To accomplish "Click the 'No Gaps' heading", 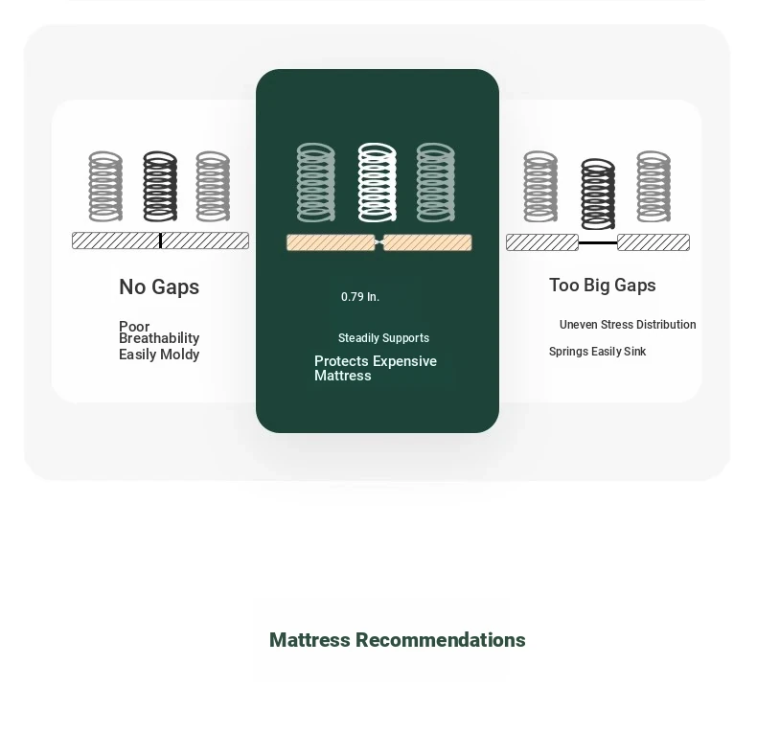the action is tap(159, 287).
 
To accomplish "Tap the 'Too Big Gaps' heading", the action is tap(602, 286).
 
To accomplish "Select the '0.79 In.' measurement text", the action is tap(360, 296).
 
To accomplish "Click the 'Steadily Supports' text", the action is tap(383, 338).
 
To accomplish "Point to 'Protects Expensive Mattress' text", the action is tap(375, 369).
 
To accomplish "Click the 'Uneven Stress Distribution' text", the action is tap(628, 325).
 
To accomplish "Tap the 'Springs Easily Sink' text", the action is tap(597, 352).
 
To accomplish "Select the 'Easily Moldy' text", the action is tap(159, 355).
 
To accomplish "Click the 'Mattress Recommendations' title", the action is tap(397, 640).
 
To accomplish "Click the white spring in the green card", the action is tap(377, 182).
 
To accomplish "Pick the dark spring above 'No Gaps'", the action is tap(160, 187).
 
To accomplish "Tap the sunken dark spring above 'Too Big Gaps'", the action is tap(598, 195).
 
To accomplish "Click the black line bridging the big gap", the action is tap(598, 242).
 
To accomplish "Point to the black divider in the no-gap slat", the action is tap(160, 241).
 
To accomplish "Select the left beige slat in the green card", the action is tap(331, 242).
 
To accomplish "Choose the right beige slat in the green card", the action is tap(427, 242).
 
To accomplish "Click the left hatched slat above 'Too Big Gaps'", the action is tap(542, 242).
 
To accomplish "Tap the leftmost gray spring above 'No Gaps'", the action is tap(105, 187).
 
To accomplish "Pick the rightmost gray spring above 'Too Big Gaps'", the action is tap(654, 187).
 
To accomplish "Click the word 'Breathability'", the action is tap(159, 338).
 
